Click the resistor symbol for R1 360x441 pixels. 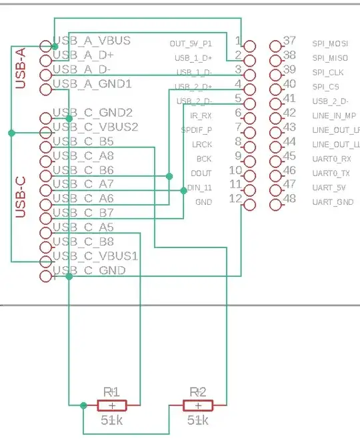[111, 405]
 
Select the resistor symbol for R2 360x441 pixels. [198, 405]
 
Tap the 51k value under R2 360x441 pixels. [198, 420]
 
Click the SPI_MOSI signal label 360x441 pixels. [329, 43]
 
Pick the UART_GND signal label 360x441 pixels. [333, 201]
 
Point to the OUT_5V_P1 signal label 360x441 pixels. [191, 44]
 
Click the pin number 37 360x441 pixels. [290, 41]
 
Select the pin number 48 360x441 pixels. [290, 199]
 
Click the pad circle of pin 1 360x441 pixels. [249, 46]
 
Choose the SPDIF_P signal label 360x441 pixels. [197, 130]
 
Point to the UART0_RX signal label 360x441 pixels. [331, 159]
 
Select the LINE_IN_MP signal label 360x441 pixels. [333, 115]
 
